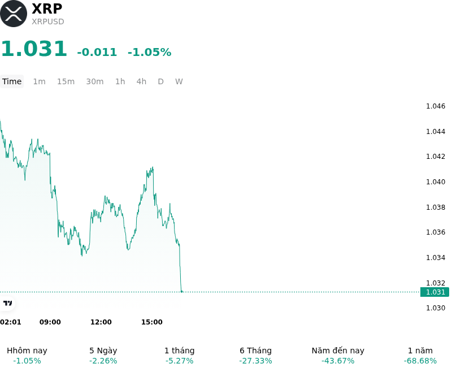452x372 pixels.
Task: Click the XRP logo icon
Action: pyautogui.click(x=14, y=14)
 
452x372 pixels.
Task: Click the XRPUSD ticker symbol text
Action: pyautogui.click(x=48, y=21)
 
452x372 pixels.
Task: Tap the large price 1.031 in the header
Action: pyautogui.click(x=34, y=48)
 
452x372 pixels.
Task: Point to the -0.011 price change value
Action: pyautogui.click(x=97, y=52)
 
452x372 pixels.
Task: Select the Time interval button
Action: pyautogui.click(x=12, y=81)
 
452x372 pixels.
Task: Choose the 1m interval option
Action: pyautogui.click(x=39, y=81)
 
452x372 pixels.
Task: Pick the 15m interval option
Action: pyautogui.click(x=66, y=81)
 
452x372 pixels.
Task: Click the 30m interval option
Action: pyautogui.click(x=95, y=81)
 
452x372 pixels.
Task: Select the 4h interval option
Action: pyautogui.click(x=141, y=81)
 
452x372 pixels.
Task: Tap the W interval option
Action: pyautogui.click(x=179, y=81)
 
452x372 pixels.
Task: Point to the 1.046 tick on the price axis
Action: pyautogui.click(x=436, y=106)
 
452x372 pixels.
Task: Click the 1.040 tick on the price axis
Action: pyautogui.click(x=436, y=181)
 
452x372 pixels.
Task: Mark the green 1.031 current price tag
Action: pyautogui.click(x=434, y=292)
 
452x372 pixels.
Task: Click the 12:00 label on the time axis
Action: pyautogui.click(x=101, y=322)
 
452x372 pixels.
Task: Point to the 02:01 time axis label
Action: pyautogui.click(x=10, y=322)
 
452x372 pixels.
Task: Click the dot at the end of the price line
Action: pyautogui.click(x=181, y=292)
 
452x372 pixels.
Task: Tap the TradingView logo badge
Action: pyautogui.click(x=7, y=303)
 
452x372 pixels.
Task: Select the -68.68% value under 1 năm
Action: pyautogui.click(x=420, y=361)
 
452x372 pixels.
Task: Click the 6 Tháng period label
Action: pyautogui.click(x=256, y=351)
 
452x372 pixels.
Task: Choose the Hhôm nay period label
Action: pyautogui.click(x=27, y=351)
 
